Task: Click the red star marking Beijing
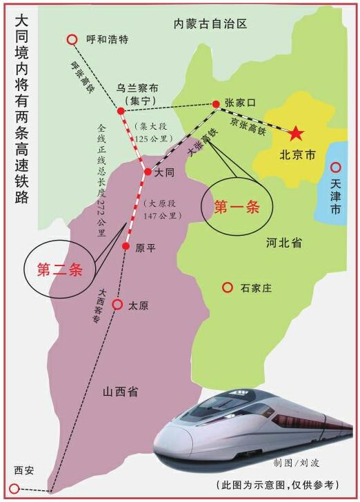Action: (296, 132)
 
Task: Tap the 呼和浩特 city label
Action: (108, 40)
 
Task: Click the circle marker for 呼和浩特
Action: (72, 40)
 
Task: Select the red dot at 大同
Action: (146, 172)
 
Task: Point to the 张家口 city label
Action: (241, 102)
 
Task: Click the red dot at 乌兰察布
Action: (120, 110)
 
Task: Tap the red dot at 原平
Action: (126, 246)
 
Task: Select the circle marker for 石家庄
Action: (226, 287)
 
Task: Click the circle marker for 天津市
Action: (336, 167)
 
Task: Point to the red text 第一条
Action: (237, 207)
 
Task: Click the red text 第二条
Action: (59, 270)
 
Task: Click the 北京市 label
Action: (297, 155)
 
